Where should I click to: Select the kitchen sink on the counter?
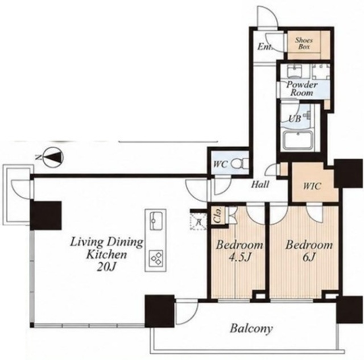(x=156, y=221)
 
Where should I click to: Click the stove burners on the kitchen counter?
(x=156, y=258)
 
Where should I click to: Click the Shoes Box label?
(x=304, y=43)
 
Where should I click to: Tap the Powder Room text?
(x=302, y=89)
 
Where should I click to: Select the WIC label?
(x=312, y=186)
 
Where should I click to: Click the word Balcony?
(x=251, y=329)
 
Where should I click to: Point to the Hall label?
(x=260, y=184)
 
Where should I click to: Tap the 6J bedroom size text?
(x=309, y=257)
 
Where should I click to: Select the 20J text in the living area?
(x=106, y=267)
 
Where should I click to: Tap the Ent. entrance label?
(x=264, y=47)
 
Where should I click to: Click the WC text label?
(x=220, y=164)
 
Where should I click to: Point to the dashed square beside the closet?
(x=198, y=221)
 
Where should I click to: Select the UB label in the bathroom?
(x=295, y=119)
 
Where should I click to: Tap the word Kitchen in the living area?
(x=106, y=255)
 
